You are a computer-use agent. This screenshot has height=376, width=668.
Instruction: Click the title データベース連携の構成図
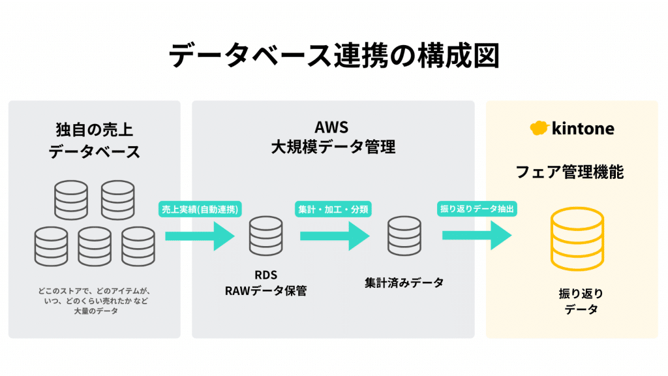tap(333, 56)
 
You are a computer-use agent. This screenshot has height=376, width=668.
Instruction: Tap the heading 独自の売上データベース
tap(95, 140)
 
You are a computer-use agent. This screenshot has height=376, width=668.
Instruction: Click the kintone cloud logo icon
tap(539, 128)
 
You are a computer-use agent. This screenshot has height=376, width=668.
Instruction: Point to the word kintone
tap(583, 129)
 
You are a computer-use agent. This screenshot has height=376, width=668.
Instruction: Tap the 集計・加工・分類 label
tap(333, 209)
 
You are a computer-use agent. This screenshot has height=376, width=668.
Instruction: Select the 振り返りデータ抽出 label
tap(478, 209)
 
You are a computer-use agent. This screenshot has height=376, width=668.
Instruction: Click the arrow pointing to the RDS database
tap(200, 235)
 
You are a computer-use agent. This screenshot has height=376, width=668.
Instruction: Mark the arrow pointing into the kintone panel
tap(477, 235)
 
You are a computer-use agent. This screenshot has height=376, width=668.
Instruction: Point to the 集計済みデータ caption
tap(404, 283)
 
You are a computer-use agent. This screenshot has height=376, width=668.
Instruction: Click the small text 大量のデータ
tap(95, 311)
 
